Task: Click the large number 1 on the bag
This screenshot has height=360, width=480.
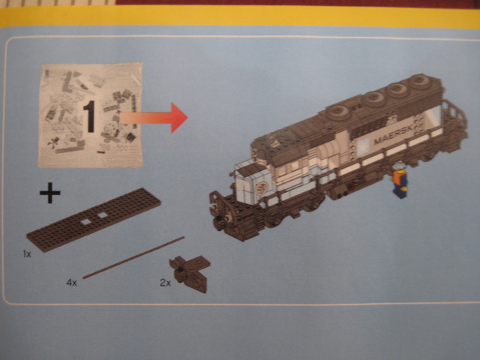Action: [x=90, y=117]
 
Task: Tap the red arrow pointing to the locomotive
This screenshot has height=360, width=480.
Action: [x=153, y=118]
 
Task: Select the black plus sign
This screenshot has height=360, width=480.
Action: [x=50, y=193]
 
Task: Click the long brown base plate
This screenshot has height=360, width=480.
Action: [x=94, y=219]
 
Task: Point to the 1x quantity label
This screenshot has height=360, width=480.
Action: [x=27, y=253]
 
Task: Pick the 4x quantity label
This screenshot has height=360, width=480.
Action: [x=72, y=283]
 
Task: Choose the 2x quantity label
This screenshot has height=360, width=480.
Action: [x=165, y=283]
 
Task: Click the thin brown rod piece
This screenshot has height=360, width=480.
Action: [x=133, y=257]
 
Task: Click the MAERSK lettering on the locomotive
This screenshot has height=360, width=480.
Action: [x=394, y=136]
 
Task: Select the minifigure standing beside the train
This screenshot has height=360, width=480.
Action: [x=399, y=180]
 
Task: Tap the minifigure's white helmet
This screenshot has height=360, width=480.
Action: [x=399, y=166]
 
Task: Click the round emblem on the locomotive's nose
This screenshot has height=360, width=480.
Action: [x=261, y=187]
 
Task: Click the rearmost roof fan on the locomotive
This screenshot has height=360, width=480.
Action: [x=421, y=82]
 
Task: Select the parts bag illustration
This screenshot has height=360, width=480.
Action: [x=91, y=115]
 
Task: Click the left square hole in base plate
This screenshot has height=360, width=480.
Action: [x=86, y=222]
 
